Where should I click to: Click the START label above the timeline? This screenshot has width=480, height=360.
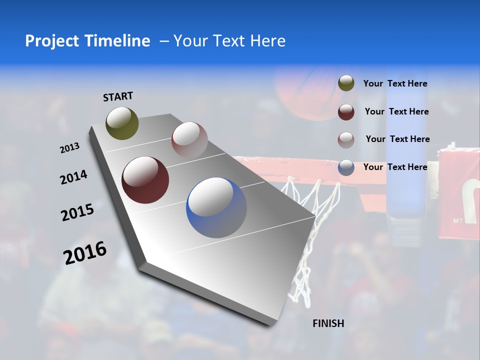[x=118, y=96]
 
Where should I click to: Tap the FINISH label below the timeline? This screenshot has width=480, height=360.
[x=328, y=323]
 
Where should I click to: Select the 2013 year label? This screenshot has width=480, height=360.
[x=69, y=148]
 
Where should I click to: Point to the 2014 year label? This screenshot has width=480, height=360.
[x=73, y=177]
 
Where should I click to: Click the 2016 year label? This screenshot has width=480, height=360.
[x=85, y=252]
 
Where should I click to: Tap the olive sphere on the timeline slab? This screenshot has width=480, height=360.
[x=122, y=123]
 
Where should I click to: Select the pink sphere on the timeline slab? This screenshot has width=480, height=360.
[x=189, y=140]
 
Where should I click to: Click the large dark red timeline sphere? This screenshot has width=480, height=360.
[x=145, y=180]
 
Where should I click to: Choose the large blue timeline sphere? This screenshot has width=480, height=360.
[x=216, y=207]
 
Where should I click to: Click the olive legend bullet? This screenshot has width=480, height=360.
[x=346, y=83]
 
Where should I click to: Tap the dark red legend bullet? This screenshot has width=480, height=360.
[x=346, y=112]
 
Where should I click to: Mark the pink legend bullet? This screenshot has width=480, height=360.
[x=346, y=139]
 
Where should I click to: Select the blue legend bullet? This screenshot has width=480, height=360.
[x=346, y=167]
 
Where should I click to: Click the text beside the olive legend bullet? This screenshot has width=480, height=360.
[x=395, y=83]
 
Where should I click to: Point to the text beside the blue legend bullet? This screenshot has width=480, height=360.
[x=395, y=167]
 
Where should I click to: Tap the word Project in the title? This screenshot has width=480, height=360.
[x=52, y=41]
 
